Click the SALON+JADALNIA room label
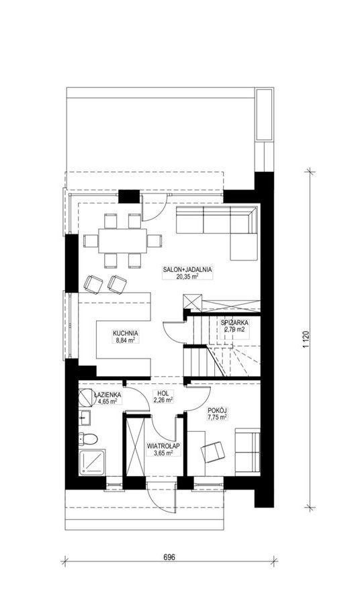187,270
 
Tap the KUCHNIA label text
126,333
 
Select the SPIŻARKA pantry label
235,322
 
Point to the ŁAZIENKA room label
108,395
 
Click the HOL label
163,393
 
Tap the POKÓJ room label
216,410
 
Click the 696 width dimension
169,557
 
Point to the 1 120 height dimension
307,340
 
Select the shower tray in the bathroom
93,462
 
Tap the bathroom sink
85,418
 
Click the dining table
123,241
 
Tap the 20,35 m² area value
187,276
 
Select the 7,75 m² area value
216,417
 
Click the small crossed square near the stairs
193,301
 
